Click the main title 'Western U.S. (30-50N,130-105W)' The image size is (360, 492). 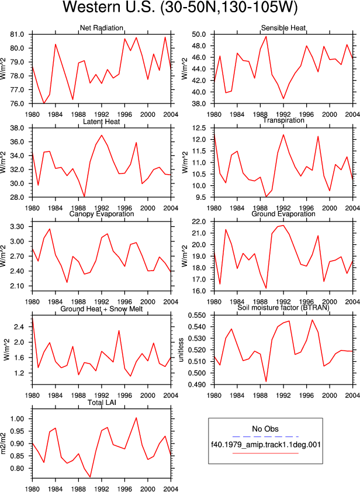[x=180, y=8]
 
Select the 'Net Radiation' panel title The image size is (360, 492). [x=101, y=28]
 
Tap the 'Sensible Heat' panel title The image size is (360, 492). [x=283, y=28]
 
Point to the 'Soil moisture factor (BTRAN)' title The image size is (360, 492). [x=283, y=307]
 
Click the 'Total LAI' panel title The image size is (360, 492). [x=102, y=402]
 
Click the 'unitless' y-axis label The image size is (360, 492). [x=181, y=350]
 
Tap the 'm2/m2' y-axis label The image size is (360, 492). [x=4, y=444]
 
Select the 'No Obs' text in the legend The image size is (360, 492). [x=265, y=429]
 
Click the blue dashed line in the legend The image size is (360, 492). [x=265, y=436]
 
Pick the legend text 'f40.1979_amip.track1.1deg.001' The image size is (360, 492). [x=265, y=445]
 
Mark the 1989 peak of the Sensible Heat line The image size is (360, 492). [x=266, y=36]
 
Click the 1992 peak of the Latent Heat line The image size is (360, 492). [x=101, y=135]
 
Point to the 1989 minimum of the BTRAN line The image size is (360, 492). [x=266, y=381]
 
